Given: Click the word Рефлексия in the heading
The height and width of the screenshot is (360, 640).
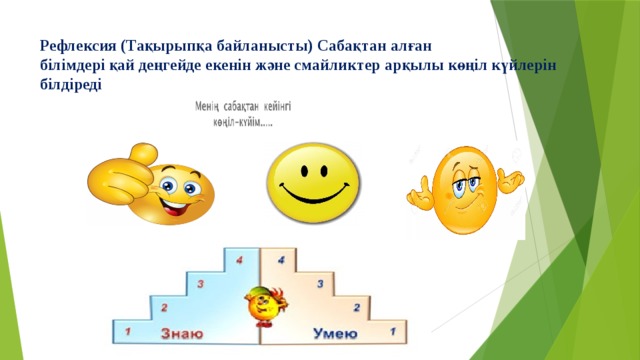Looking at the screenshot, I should click(75, 45).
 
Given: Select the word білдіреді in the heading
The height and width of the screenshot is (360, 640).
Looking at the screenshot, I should click(71, 85).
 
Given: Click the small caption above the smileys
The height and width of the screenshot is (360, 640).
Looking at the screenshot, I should click(243, 112).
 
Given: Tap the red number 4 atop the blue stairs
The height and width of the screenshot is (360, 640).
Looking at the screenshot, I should click(239, 259).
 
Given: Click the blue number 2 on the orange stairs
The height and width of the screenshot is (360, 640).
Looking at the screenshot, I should click(356, 306).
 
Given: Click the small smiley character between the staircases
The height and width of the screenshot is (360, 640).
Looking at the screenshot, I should click(262, 304).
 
